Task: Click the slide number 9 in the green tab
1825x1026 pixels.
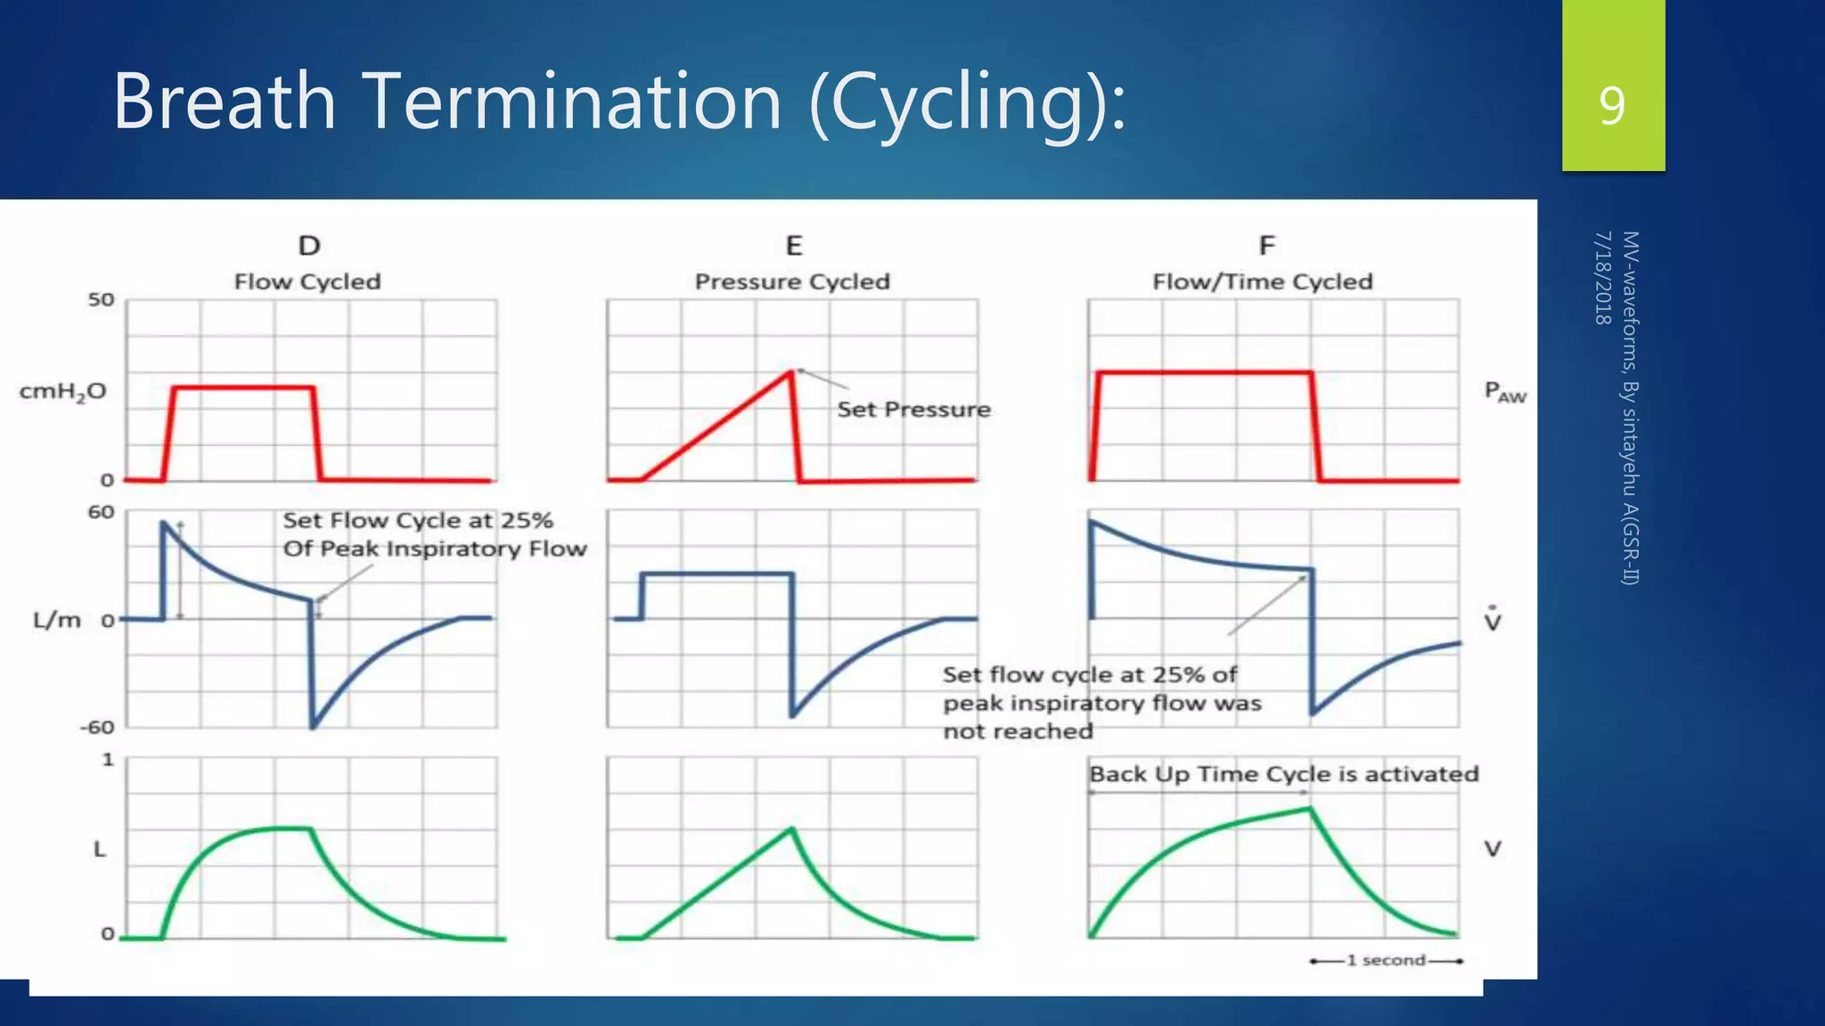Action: click(x=1611, y=105)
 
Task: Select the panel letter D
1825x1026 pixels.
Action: click(x=308, y=246)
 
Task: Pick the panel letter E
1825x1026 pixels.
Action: click(x=793, y=246)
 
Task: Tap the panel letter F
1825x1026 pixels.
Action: click(x=1266, y=246)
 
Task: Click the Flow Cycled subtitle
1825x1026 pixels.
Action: click(x=307, y=282)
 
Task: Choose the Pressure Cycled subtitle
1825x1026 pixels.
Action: click(x=792, y=282)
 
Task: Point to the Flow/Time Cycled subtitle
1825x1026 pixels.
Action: click(x=1262, y=282)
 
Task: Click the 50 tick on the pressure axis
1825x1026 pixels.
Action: click(x=102, y=300)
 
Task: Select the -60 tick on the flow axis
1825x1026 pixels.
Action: click(x=98, y=728)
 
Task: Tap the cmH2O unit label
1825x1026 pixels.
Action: click(x=62, y=392)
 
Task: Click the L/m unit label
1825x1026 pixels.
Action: click(x=57, y=620)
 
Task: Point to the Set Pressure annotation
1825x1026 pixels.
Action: click(x=913, y=410)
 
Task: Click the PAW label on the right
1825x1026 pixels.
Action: click(x=1504, y=392)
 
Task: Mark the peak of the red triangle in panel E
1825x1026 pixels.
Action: click(x=791, y=371)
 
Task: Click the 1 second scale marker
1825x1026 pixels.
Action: click(x=1386, y=960)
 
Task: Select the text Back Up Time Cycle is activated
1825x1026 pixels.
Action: click(x=1283, y=774)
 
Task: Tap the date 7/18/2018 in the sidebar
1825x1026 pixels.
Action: click(x=1602, y=278)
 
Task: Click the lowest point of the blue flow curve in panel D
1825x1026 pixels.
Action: click(x=313, y=727)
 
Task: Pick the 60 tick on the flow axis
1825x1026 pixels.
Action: click(x=102, y=512)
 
